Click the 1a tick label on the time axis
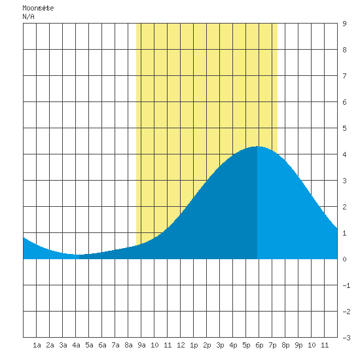(37, 345)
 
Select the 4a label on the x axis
(76, 345)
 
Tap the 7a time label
(115, 345)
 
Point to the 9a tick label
(141, 345)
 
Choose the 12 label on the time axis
(181, 345)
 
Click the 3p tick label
(220, 345)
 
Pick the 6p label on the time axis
(259, 345)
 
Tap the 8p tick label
(285, 345)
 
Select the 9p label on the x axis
(298, 345)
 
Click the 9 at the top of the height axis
(344, 24)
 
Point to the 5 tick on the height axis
(344, 128)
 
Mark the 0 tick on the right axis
(344, 259)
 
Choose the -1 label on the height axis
(346, 285)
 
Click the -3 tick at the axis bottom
(346, 338)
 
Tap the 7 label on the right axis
(344, 76)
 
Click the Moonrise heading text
(38, 8)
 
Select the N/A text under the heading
(28, 16)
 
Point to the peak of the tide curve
(257, 147)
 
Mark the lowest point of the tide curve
(76, 255)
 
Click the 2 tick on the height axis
(344, 207)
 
